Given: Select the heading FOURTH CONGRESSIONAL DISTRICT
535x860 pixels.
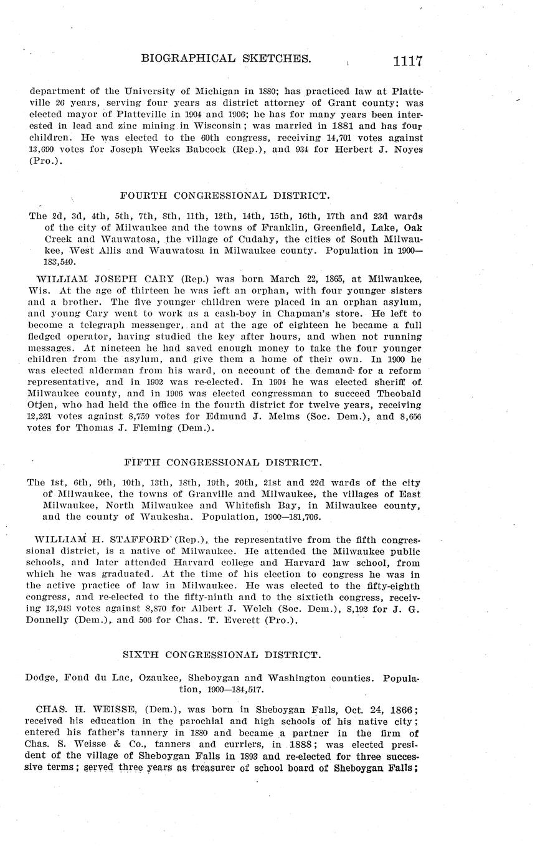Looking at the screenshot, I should [224, 196].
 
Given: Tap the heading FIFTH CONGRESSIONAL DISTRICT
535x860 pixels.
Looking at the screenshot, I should [223, 462].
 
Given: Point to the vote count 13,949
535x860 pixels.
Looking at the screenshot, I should [62, 609].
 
